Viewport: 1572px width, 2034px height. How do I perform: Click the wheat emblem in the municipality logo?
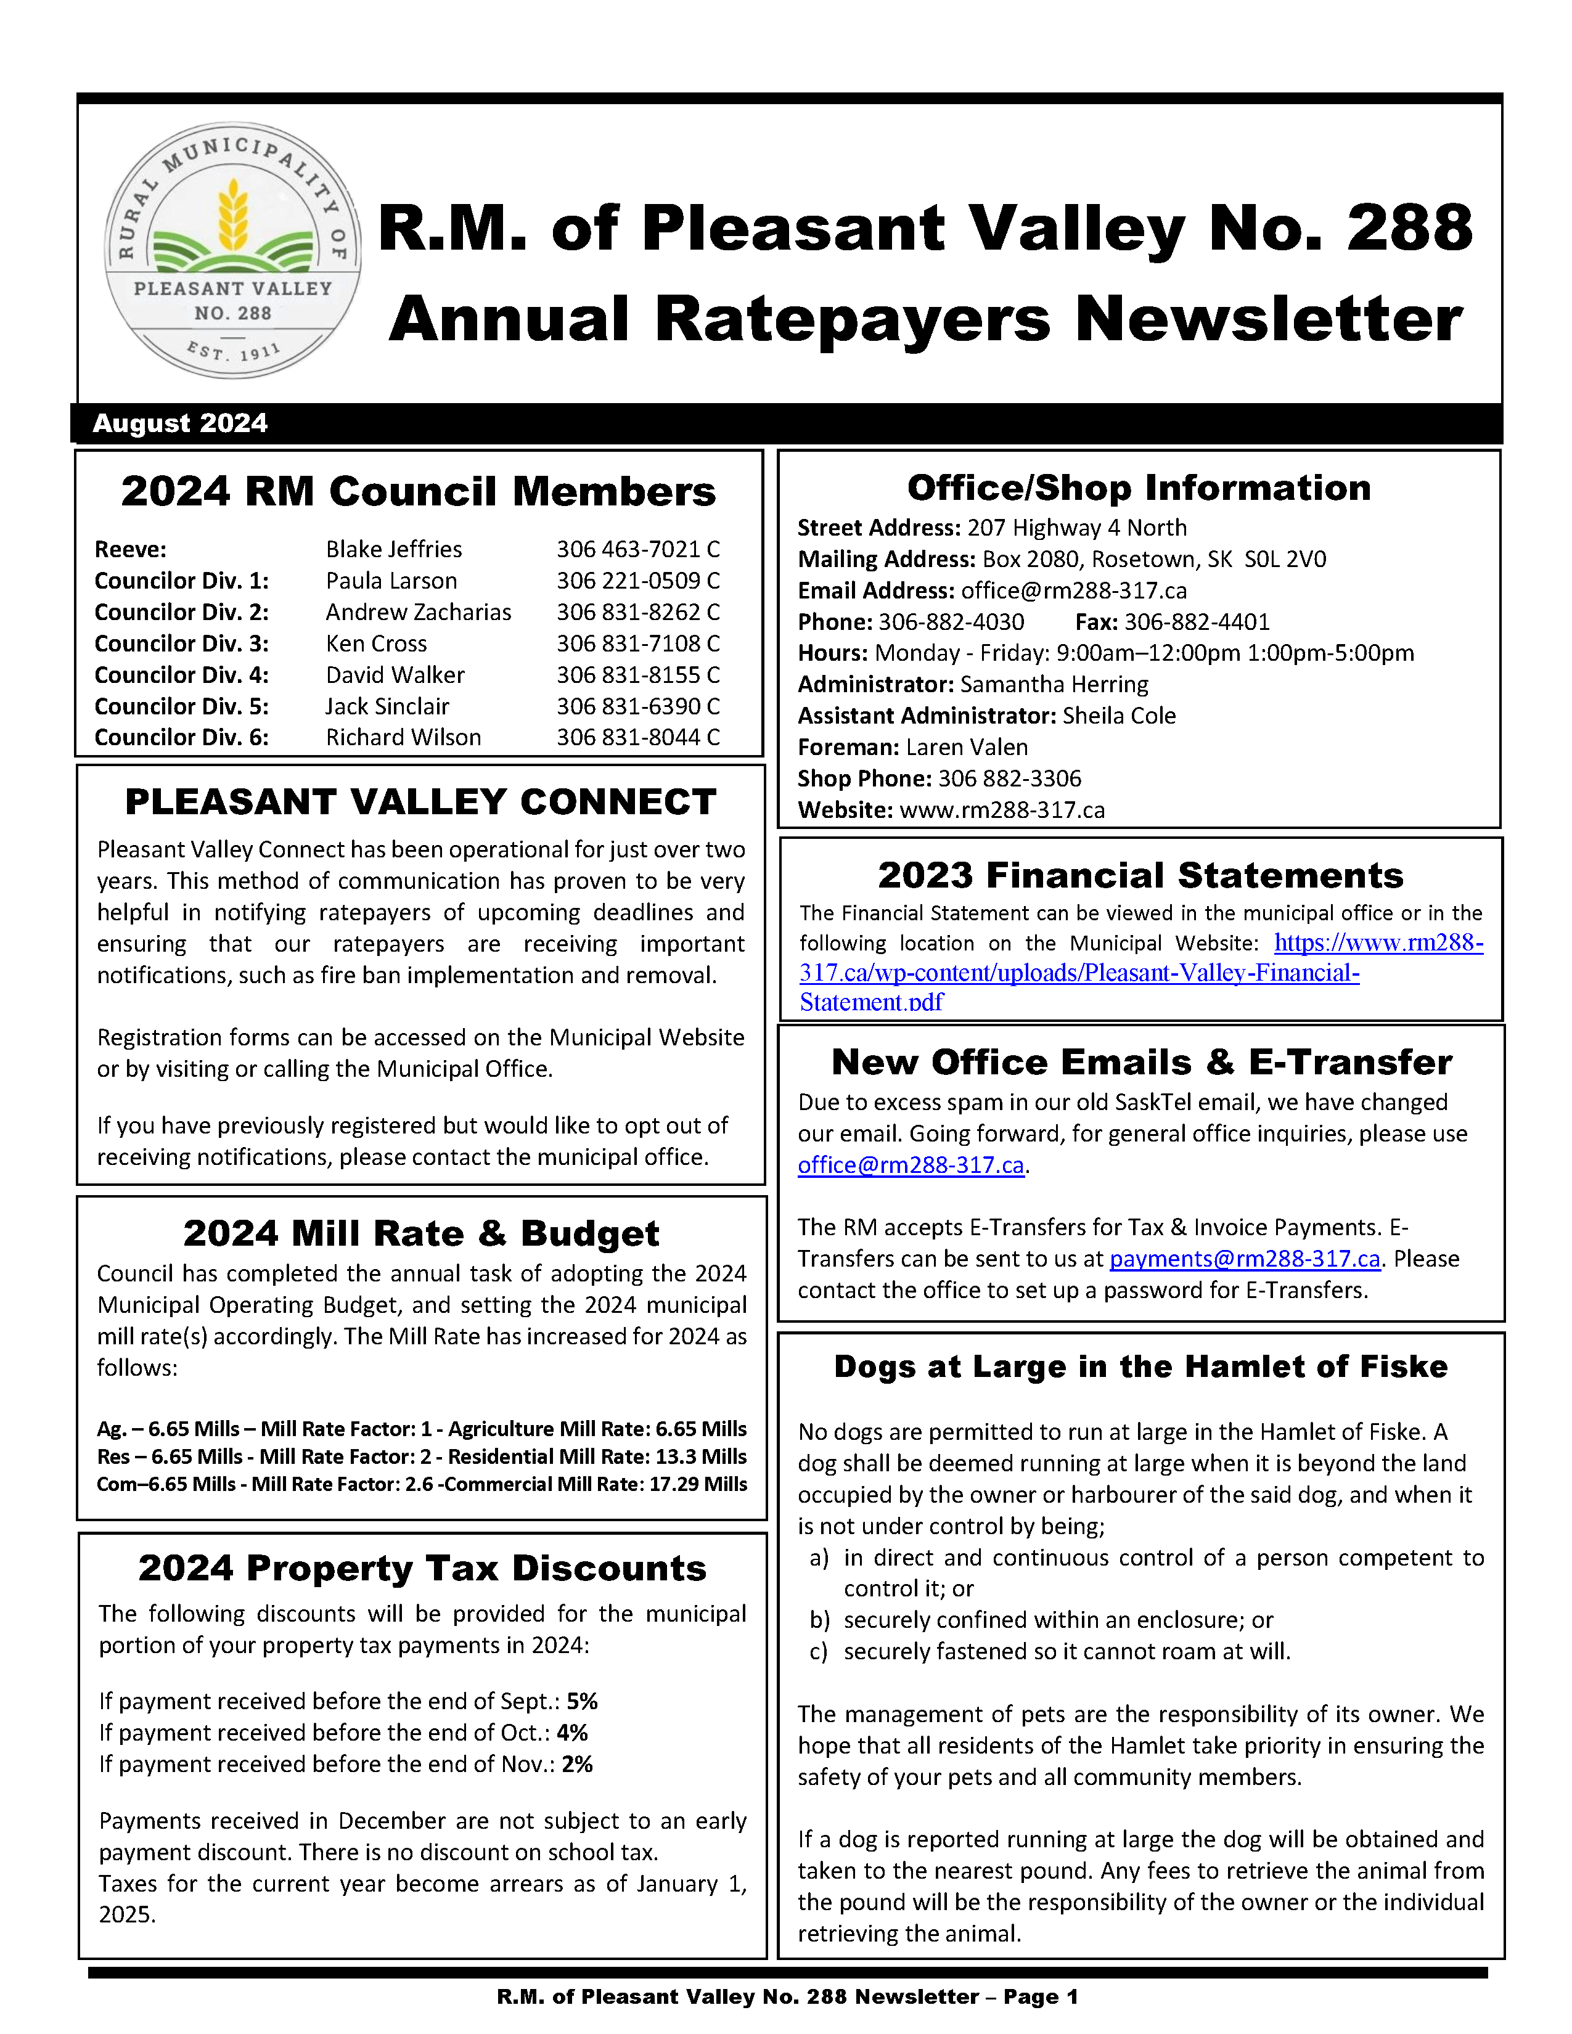tap(233, 217)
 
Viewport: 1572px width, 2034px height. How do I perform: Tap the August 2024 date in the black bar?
tap(180, 424)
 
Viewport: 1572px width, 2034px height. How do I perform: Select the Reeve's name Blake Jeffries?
tap(393, 549)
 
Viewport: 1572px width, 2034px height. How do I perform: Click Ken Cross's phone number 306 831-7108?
tap(638, 643)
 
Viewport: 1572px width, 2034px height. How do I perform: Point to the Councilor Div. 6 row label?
tap(182, 738)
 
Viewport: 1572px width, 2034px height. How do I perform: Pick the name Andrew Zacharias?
tap(418, 612)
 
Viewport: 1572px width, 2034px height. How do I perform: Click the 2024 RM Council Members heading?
tap(418, 492)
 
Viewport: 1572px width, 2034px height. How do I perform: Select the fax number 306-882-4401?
tap(1196, 622)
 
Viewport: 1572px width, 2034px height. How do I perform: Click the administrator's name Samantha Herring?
tap(1054, 685)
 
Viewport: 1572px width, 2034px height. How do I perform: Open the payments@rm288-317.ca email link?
tap(1244, 1259)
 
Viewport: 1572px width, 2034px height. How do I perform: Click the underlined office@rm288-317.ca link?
tap(911, 1165)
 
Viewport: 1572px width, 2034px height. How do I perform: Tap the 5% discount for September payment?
tap(582, 1702)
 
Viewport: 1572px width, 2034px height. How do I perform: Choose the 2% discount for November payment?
tap(578, 1764)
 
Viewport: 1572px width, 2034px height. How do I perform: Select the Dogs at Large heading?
tap(1141, 1366)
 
